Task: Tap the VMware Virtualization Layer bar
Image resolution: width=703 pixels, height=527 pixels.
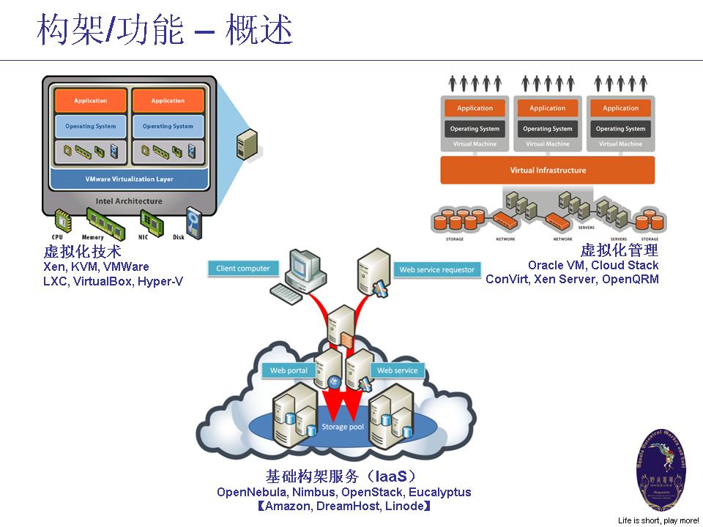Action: (x=129, y=179)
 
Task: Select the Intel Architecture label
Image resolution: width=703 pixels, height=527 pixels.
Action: (x=129, y=201)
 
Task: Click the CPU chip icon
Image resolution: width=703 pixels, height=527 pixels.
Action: (x=58, y=222)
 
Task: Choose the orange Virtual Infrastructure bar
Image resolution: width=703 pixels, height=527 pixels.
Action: (x=548, y=171)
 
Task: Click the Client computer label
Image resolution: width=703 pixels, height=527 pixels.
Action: (x=243, y=269)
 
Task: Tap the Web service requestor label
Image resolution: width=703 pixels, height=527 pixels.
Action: (x=437, y=270)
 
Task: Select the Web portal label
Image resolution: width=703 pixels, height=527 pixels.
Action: (x=289, y=370)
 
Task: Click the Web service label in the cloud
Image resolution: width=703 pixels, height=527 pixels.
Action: (x=397, y=370)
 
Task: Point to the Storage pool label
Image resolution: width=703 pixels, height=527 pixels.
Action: (x=342, y=427)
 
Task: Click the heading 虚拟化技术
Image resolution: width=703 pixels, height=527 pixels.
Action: (x=82, y=253)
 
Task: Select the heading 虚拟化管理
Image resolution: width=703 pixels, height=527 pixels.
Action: (x=619, y=250)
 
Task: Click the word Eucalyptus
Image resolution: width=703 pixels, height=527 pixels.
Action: (x=440, y=492)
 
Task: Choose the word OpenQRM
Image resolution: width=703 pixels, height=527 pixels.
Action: (x=630, y=279)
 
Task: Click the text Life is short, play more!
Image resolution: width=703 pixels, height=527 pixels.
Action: (x=658, y=520)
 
